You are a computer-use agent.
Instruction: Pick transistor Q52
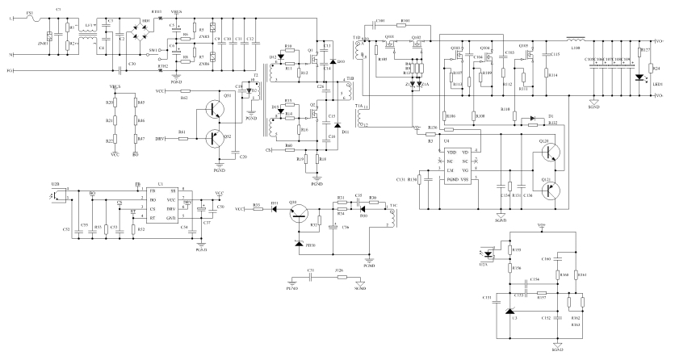216,138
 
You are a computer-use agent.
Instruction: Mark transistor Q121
549,191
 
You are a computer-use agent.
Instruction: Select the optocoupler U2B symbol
57,194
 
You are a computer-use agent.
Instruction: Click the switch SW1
169,49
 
